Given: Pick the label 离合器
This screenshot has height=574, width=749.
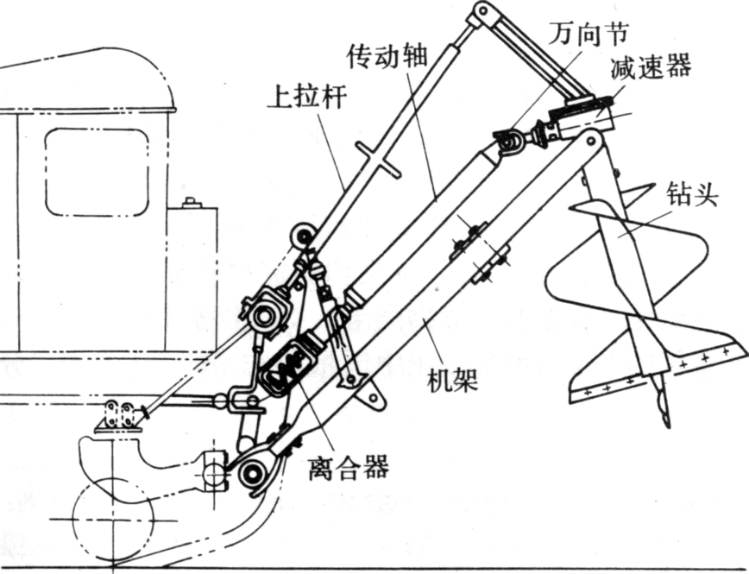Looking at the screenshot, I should [x=348, y=467].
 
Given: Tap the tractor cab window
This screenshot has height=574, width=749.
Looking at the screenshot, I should [x=97, y=172].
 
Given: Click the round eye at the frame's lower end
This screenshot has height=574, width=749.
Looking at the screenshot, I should [x=253, y=471].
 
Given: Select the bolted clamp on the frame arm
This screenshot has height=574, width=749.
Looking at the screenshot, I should [x=476, y=249].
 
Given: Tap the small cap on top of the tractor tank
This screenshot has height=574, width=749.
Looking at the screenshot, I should [x=191, y=204].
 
